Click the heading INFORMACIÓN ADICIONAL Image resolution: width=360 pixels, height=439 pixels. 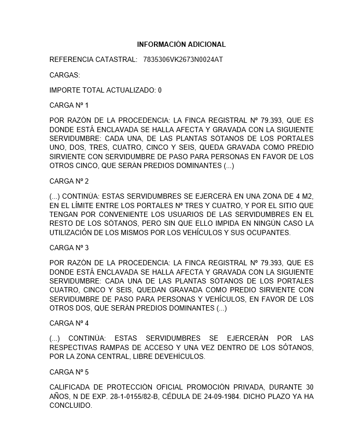(182, 45)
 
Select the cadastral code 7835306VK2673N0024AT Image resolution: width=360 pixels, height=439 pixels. (183, 60)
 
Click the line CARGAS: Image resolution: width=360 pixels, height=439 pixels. (65, 75)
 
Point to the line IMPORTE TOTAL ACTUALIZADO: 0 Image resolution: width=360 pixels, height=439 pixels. (106, 90)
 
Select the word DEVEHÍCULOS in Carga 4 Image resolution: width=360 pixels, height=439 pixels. (184, 357)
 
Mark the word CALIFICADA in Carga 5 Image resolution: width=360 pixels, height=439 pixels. (70, 387)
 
